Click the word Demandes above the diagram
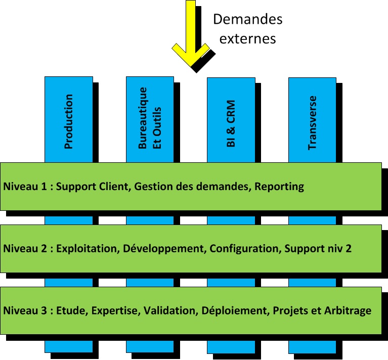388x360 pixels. point(247,19)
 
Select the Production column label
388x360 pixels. point(69,121)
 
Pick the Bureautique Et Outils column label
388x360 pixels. point(150,119)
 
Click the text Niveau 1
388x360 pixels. point(25,187)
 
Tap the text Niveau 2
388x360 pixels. point(25,249)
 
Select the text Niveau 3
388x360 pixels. point(25,310)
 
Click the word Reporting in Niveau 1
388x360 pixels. point(279,187)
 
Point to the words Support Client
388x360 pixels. point(94,187)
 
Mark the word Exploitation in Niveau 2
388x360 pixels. point(87,249)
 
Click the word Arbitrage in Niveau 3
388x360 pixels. point(348,310)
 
